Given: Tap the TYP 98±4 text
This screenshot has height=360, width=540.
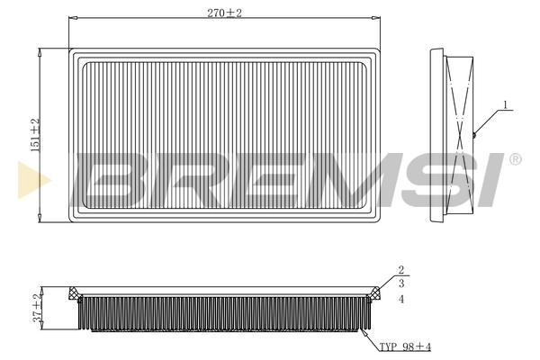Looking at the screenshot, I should tap(405, 346).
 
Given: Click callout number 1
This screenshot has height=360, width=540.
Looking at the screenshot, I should tap(506, 105).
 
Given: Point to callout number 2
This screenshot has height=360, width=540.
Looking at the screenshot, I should tap(401, 270).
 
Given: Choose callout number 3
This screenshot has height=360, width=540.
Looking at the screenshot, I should tap(401, 283).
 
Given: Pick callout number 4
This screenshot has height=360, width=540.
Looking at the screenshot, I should tap(401, 298).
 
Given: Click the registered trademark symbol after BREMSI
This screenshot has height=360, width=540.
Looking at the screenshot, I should tap(514, 159).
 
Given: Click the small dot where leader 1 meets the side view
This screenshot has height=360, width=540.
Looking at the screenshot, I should tap(472, 135).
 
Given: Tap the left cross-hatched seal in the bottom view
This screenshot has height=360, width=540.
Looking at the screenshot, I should tap(75, 292).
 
